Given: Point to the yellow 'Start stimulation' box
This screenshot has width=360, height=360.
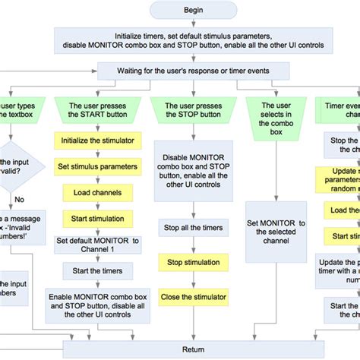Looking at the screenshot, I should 92,219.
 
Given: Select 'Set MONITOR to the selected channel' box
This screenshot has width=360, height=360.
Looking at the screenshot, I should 276,231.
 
